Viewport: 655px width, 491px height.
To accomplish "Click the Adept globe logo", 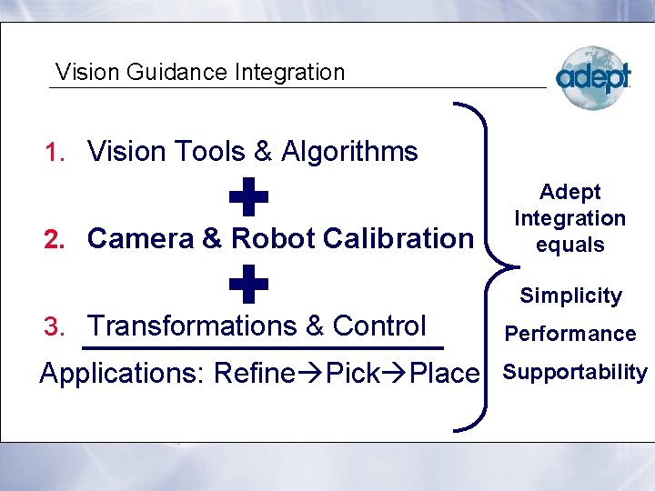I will coord(592,77).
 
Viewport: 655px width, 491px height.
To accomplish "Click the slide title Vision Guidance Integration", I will coord(200,72).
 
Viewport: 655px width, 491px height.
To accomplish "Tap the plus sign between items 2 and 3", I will coord(248,285).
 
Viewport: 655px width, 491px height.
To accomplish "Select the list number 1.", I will coord(56,153).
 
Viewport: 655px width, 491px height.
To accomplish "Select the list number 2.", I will coord(55,240).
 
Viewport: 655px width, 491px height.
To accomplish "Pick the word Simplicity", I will coord(570,296).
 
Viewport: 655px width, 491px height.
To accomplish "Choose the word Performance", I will coord(570,334).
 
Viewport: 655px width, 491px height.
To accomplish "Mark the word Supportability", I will coord(575,372).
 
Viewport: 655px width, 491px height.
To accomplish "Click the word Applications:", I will coord(123,374).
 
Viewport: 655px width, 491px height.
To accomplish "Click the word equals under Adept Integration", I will coord(570,245).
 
